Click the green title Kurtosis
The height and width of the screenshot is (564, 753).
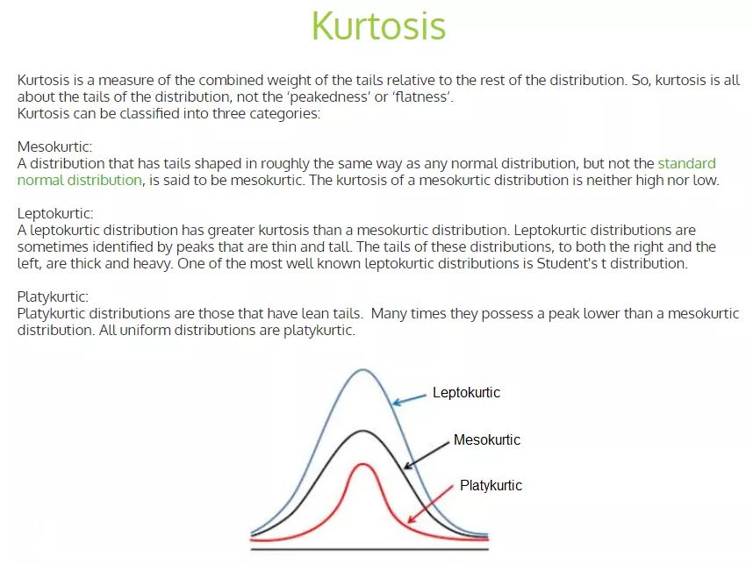click(378, 25)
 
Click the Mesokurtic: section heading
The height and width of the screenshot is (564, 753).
click(54, 146)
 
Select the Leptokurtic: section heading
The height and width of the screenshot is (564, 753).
click(55, 213)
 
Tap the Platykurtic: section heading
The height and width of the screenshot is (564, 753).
click(52, 296)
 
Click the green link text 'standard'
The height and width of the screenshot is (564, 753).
click(686, 163)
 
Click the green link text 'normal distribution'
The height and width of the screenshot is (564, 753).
click(79, 180)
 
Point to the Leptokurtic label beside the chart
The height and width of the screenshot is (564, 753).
click(466, 393)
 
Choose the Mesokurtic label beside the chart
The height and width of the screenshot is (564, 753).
click(486, 439)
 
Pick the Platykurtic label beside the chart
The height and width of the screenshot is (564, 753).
click(491, 485)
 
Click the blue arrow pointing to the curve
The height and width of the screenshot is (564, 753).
click(409, 399)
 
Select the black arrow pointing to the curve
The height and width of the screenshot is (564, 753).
click(427, 452)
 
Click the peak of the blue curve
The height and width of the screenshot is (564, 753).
click(362, 369)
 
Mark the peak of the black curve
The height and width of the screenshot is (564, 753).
click(362, 431)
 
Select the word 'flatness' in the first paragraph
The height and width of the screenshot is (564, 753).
click(423, 96)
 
